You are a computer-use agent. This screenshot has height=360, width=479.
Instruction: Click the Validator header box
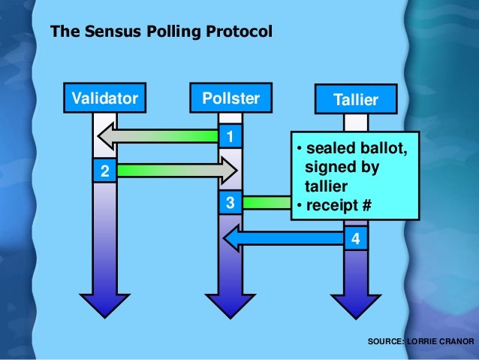(105, 98)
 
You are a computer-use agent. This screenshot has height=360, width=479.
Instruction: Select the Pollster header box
(230, 98)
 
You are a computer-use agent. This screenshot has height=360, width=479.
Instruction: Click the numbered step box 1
(230, 136)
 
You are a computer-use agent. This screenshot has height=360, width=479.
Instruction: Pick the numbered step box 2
(104, 171)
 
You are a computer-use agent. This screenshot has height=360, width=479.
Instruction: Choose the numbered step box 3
(230, 203)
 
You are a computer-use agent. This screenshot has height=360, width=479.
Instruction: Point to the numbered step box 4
(356, 239)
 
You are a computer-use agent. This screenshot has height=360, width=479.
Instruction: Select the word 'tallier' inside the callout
(324, 185)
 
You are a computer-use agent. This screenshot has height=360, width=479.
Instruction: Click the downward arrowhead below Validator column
(104, 304)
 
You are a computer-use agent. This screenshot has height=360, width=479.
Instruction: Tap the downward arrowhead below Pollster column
(230, 304)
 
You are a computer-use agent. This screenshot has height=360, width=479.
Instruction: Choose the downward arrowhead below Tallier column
(356, 304)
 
